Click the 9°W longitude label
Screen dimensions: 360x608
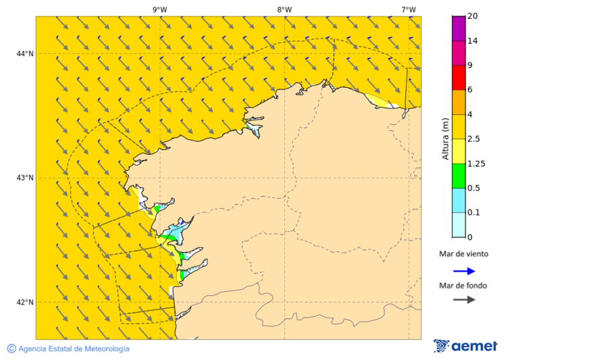tap(159, 9)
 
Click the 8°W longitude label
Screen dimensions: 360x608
tap(284, 9)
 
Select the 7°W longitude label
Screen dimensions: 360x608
tap(409, 9)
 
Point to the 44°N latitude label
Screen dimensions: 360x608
tap(25, 53)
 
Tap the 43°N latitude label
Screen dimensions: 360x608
tap(25, 178)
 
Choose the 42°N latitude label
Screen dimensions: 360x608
tap(25, 302)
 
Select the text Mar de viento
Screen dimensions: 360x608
tap(463, 255)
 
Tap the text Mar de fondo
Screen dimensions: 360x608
tap(463, 286)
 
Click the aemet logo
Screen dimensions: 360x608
tap(465, 346)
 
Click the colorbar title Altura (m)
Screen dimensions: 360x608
tap(445, 138)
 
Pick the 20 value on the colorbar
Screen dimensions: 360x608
tap(473, 16)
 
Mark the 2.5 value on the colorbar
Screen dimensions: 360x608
tap(475, 139)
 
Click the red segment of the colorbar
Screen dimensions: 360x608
tap(459, 77)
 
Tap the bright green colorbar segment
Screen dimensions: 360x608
tap(459, 176)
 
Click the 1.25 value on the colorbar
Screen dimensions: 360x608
tap(477, 163)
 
